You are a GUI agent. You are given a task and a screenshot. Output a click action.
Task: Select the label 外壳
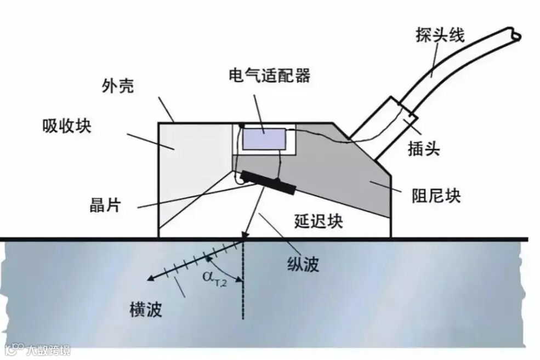tap(117, 87)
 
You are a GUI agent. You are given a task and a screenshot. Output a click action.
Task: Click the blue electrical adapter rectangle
tap(264, 139)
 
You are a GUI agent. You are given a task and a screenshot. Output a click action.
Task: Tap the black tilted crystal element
tap(268, 182)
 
